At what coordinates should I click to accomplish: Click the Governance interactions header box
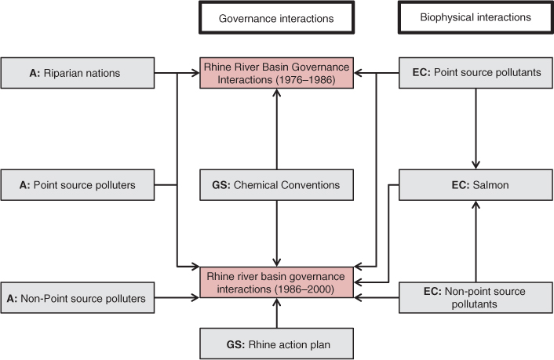277,17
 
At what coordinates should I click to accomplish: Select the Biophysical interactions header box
476,17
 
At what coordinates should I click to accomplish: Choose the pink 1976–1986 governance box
277,73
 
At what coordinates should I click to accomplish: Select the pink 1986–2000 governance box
277,284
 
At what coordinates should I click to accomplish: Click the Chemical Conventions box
277,185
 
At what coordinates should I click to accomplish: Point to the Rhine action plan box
277,343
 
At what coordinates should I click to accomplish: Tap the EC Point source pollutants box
476,73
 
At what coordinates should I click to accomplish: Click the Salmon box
476,185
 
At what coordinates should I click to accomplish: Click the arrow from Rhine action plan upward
277,315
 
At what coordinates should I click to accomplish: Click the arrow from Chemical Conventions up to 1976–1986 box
277,129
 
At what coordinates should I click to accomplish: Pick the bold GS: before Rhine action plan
235,343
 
